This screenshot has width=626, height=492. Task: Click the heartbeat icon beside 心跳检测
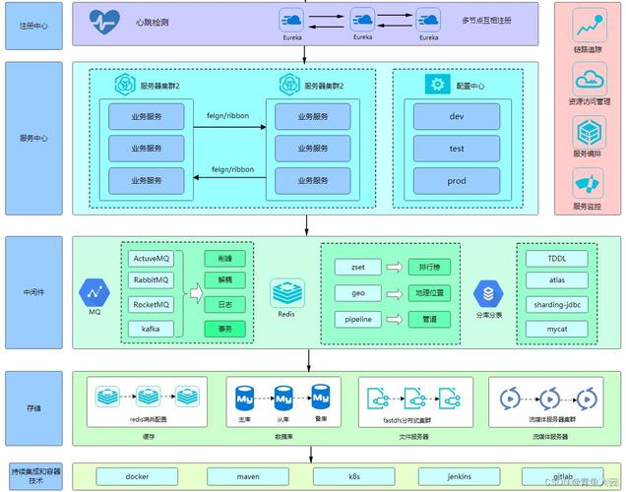click(103, 21)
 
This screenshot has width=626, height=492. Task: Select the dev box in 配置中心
click(456, 116)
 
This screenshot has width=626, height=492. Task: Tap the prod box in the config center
click(456, 181)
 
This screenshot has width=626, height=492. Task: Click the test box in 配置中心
click(456, 149)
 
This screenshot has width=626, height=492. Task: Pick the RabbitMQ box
click(152, 281)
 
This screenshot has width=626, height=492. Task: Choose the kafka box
click(152, 328)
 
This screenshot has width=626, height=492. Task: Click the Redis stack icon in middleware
click(286, 292)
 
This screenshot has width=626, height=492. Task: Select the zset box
click(350, 267)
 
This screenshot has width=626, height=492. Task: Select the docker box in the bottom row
click(138, 476)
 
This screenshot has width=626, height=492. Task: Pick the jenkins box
click(459, 476)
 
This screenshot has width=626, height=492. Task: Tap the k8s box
click(352, 476)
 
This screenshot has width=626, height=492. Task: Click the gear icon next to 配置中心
click(436, 85)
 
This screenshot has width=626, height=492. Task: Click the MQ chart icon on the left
click(95, 291)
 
